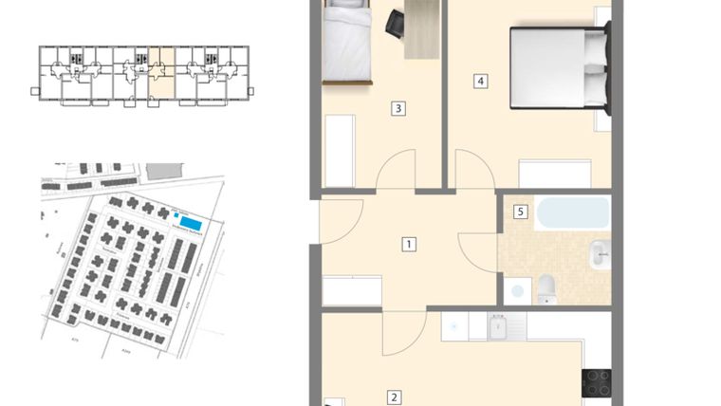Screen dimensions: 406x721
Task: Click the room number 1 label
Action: click(409, 244)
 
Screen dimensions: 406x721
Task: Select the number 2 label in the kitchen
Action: click(395, 398)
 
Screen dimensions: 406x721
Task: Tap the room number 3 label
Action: click(399, 108)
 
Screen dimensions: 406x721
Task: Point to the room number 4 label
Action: click(481, 81)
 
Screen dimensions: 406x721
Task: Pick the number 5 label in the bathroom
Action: click(520, 212)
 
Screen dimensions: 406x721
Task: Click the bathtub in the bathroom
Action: click(571, 212)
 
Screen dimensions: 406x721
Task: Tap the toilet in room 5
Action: click(547, 289)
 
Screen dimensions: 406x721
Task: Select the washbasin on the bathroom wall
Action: click(599, 254)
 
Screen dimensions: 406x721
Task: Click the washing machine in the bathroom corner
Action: click(517, 290)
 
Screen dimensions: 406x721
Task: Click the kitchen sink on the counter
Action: click(500, 327)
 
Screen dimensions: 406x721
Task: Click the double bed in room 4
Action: click(558, 65)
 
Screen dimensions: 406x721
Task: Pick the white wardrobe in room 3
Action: click(340, 151)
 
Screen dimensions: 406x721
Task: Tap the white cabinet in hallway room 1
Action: click(352, 290)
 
